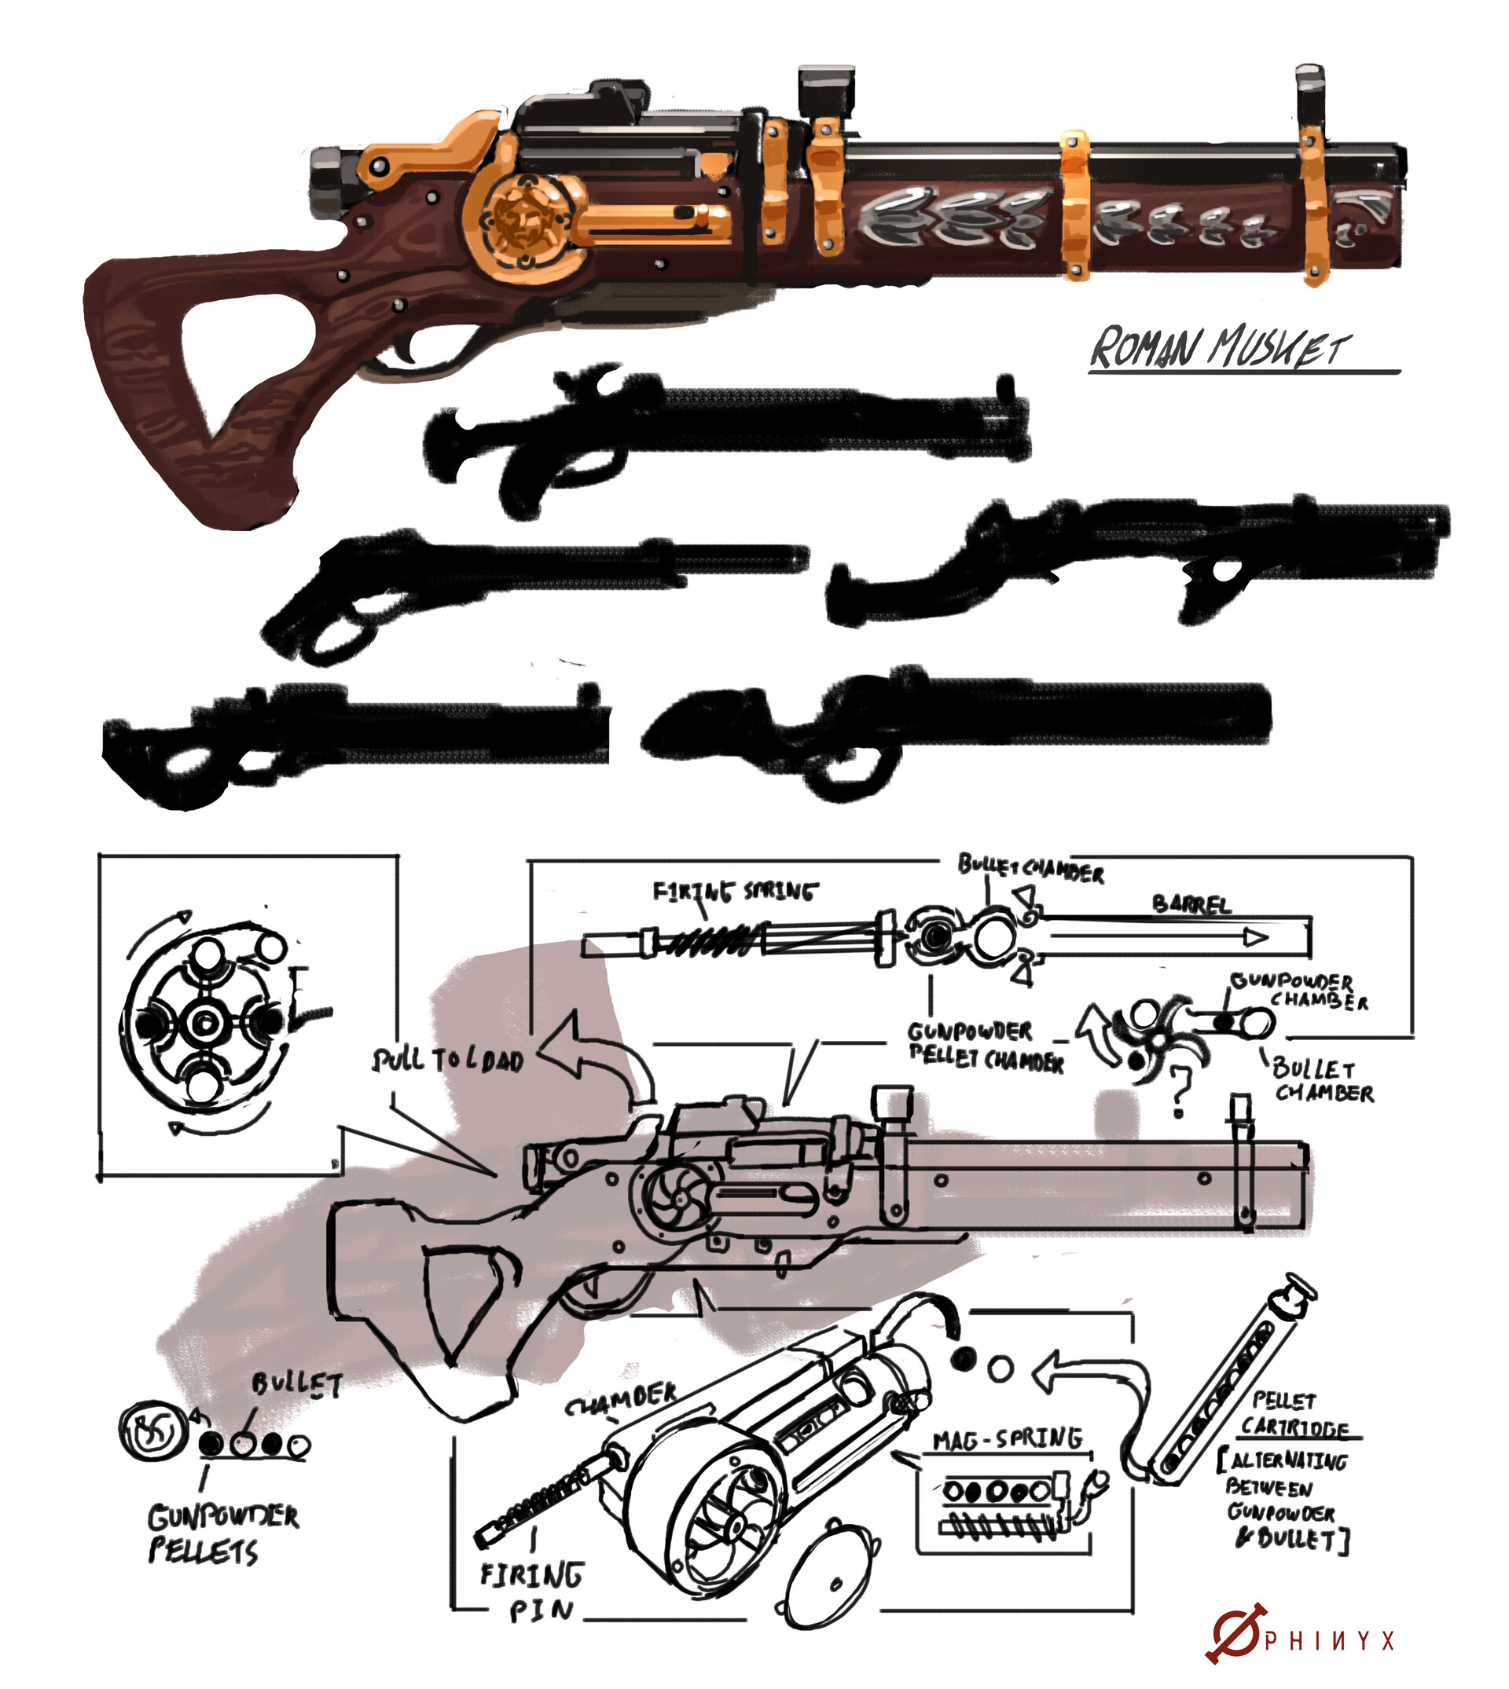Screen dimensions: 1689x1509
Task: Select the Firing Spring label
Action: tap(734, 892)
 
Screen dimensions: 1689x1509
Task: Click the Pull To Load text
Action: tap(448, 1061)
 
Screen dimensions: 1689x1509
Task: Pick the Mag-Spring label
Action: tap(1007, 1439)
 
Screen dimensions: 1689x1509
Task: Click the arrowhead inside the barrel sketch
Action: tap(1255, 937)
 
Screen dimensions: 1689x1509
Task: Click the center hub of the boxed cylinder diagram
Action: tap(201, 1024)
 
